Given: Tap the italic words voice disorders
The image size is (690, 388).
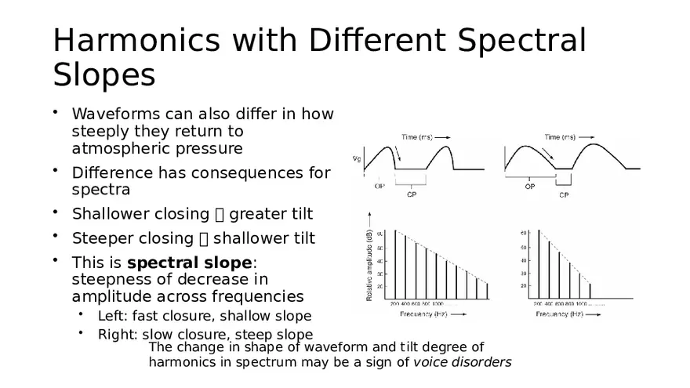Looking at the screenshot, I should (x=462, y=362).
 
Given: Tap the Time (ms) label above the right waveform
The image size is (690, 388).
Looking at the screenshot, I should (x=561, y=136).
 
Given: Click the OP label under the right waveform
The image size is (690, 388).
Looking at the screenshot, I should (x=530, y=187).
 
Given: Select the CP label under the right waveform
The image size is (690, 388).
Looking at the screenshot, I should (x=564, y=195).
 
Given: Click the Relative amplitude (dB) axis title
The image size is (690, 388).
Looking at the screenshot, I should (x=369, y=258).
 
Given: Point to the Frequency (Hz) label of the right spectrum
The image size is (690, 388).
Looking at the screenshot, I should (x=560, y=314).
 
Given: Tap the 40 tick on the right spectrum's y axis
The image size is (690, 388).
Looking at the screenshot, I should (x=524, y=260).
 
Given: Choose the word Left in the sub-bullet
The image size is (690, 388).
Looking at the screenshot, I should (x=111, y=316).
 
